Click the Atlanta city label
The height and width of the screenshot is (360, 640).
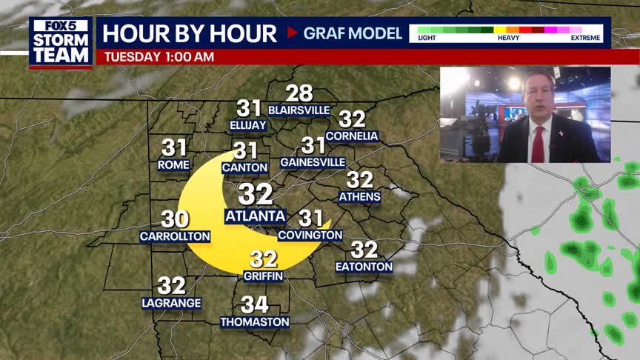tap(255, 216)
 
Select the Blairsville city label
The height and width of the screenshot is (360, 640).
tap(299, 110)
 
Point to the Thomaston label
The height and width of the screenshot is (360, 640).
tap(255, 322)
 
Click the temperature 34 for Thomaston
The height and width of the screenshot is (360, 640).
tap(255, 304)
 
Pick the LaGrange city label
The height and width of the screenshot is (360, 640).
tap(172, 303)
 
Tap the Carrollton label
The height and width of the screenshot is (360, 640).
tap(175, 237)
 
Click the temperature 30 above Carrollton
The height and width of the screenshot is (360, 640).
tap(175, 219)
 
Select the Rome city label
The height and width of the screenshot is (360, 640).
tap(174, 165)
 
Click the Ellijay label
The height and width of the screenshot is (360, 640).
tap(248, 125)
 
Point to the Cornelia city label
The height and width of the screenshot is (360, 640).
tap(352, 136)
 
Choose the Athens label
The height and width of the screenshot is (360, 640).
tap(359, 197)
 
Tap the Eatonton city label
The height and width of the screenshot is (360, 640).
tap(364, 267)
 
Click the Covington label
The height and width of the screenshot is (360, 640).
tap(310, 236)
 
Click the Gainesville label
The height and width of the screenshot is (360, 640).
tap(313, 162)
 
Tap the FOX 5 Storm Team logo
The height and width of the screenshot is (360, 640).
tap(61, 42)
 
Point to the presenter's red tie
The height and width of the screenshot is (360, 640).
tap(538, 143)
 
